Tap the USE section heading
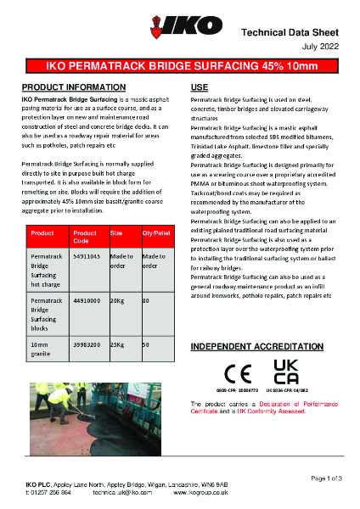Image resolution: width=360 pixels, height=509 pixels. (200, 87)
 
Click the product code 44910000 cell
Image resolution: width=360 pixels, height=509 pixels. (87, 300)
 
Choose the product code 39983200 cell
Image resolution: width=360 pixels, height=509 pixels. (87, 345)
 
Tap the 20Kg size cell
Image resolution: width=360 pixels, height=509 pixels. (117, 300)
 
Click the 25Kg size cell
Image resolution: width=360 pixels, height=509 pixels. (117, 345)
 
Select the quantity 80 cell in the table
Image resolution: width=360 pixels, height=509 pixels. (146, 300)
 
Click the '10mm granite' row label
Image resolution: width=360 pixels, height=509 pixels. (42, 350)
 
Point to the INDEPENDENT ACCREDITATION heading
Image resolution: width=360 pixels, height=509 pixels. (258, 348)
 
